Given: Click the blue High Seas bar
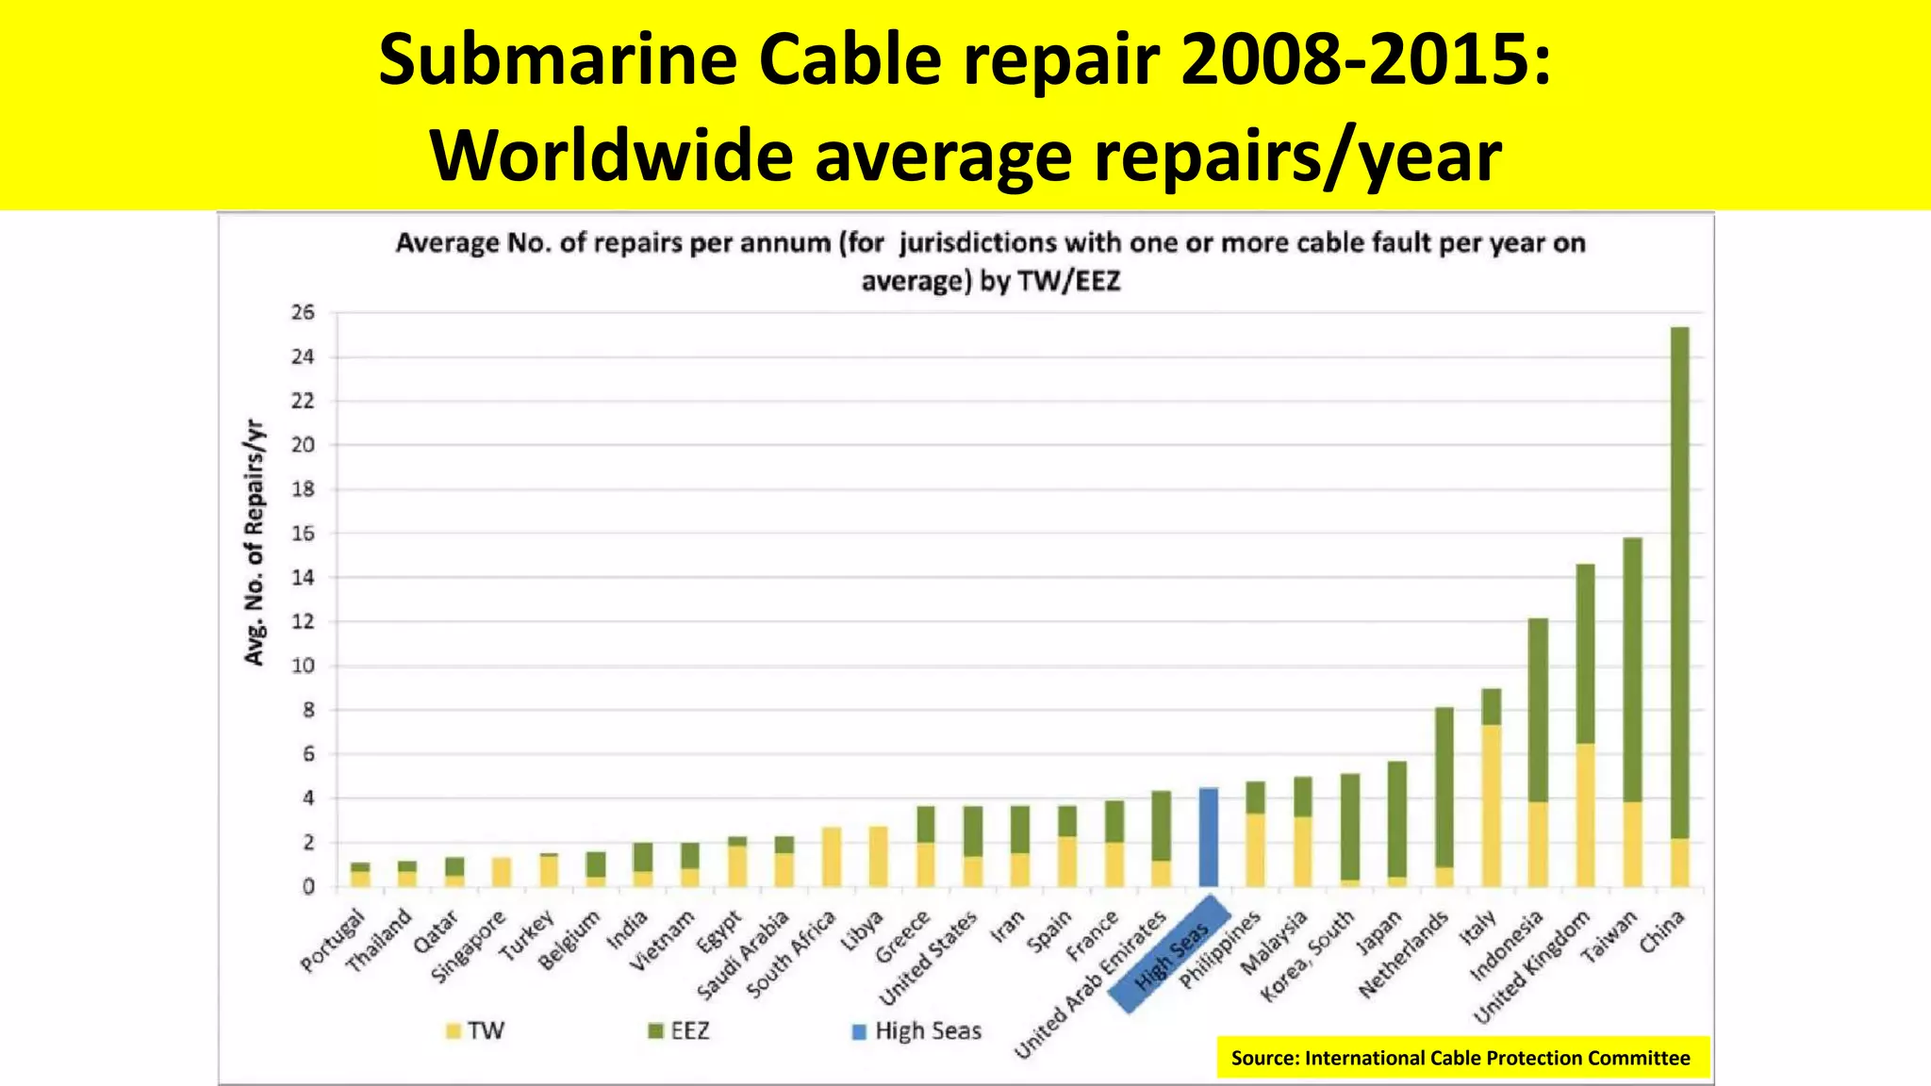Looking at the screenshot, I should (x=1208, y=837).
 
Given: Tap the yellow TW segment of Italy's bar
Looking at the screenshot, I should (x=1491, y=806).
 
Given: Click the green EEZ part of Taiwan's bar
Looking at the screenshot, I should (x=1632, y=669).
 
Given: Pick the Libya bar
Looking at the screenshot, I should (x=878, y=856).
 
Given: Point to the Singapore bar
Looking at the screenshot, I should (x=502, y=872).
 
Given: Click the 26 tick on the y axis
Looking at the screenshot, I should (x=303, y=313).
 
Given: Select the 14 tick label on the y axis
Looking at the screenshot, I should (x=303, y=578).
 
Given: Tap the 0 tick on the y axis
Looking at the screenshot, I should (x=307, y=887).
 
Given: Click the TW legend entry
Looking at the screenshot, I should (x=476, y=1030).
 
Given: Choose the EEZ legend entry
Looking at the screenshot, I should (x=679, y=1030).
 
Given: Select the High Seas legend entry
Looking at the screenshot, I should (x=916, y=1030).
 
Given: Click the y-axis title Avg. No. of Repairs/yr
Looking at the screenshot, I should (x=255, y=542).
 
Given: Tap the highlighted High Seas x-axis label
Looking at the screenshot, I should (x=1170, y=955).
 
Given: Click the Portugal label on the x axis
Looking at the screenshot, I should (x=332, y=942).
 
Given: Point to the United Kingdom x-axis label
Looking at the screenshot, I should (x=1531, y=968).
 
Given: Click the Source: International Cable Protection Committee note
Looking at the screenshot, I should (x=1461, y=1058).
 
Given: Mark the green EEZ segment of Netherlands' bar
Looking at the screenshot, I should (x=1444, y=787).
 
